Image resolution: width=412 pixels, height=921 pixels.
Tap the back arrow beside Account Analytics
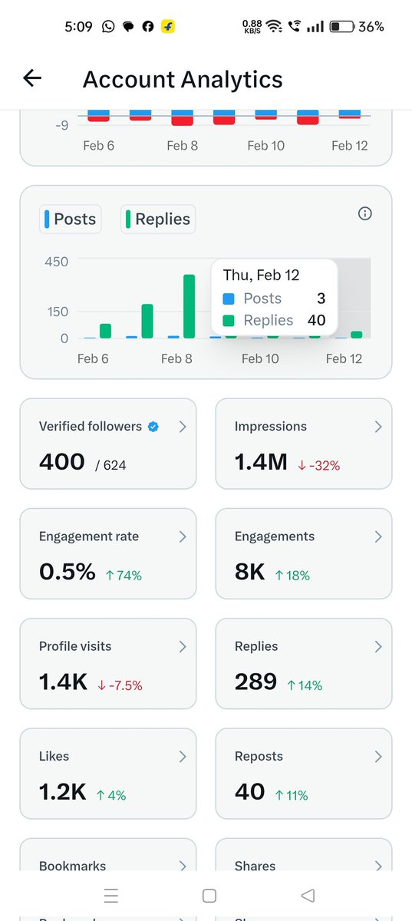click(32, 78)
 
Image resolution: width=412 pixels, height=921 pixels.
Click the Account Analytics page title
click(183, 79)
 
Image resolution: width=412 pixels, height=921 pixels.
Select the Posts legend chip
click(70, 219)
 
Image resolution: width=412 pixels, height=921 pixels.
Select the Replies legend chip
click(157, 219)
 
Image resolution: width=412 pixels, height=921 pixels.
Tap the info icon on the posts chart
click(365, 213)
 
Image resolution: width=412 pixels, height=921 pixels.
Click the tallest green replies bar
click(189, 305)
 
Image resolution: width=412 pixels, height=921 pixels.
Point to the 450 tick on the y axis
click(56, 262)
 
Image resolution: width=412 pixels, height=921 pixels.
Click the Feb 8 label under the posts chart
click(176, 358)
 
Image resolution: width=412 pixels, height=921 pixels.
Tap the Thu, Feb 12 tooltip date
click(261, 275)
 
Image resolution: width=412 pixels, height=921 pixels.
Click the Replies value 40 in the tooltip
click(316, 320)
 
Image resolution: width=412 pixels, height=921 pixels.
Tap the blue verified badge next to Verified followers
click(153, 427)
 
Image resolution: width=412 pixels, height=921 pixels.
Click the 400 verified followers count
click(61, 462)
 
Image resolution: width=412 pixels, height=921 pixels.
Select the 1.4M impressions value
click(261, 462)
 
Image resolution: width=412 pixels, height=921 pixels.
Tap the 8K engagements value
click(249, 572)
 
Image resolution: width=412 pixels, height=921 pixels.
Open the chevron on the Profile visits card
click(183, 647)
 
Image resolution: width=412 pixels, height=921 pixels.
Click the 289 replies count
click(255, 682)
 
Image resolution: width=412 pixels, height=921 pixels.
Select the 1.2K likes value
click(62, 791)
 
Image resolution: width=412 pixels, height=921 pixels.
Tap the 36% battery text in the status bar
click(371, 26)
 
